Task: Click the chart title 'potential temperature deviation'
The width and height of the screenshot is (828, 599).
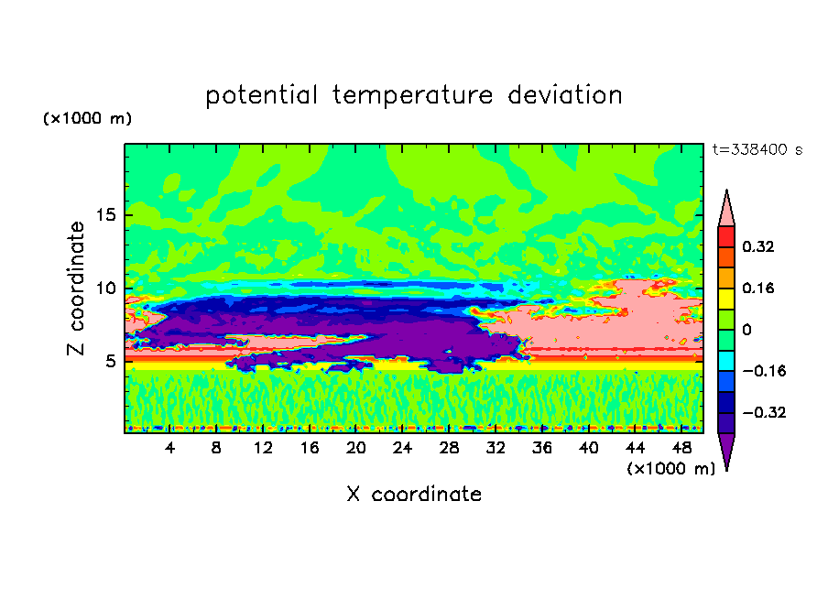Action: (x=414, y=95)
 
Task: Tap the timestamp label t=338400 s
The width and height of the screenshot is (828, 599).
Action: (x=757, y=150)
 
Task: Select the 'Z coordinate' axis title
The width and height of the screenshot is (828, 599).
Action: (x=77, y=289)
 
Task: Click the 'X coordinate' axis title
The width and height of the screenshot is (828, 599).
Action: (x=414, y=495)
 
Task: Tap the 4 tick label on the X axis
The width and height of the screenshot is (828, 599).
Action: (x=170, y=449)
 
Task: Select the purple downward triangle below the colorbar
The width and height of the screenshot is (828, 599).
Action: (x=726, y=450)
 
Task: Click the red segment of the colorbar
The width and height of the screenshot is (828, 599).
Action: (x=726, y=235)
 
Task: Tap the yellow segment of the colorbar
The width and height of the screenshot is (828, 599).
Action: (x=726, y=298)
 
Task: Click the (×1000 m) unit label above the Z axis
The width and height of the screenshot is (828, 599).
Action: (x=88, y=119)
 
